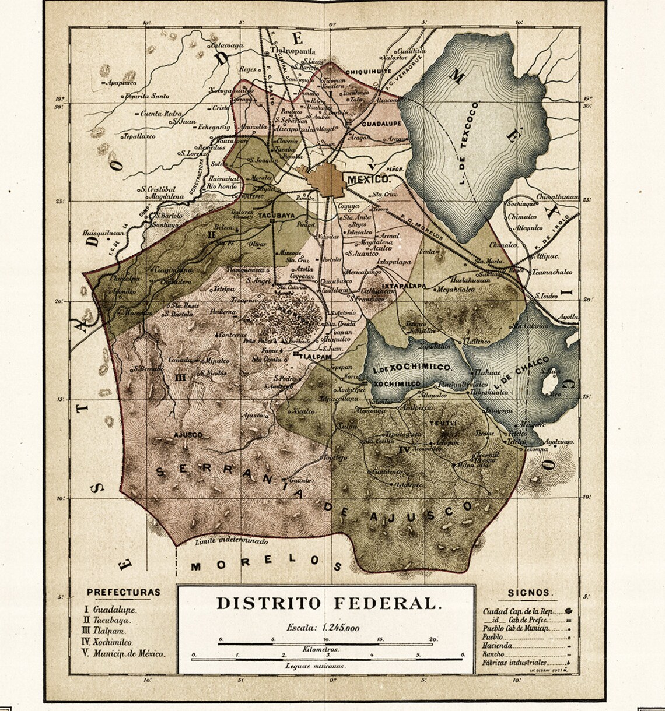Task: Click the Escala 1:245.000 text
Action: [324, 628]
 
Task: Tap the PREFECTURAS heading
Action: [123, 593]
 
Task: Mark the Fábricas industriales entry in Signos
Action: [514, 663]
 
